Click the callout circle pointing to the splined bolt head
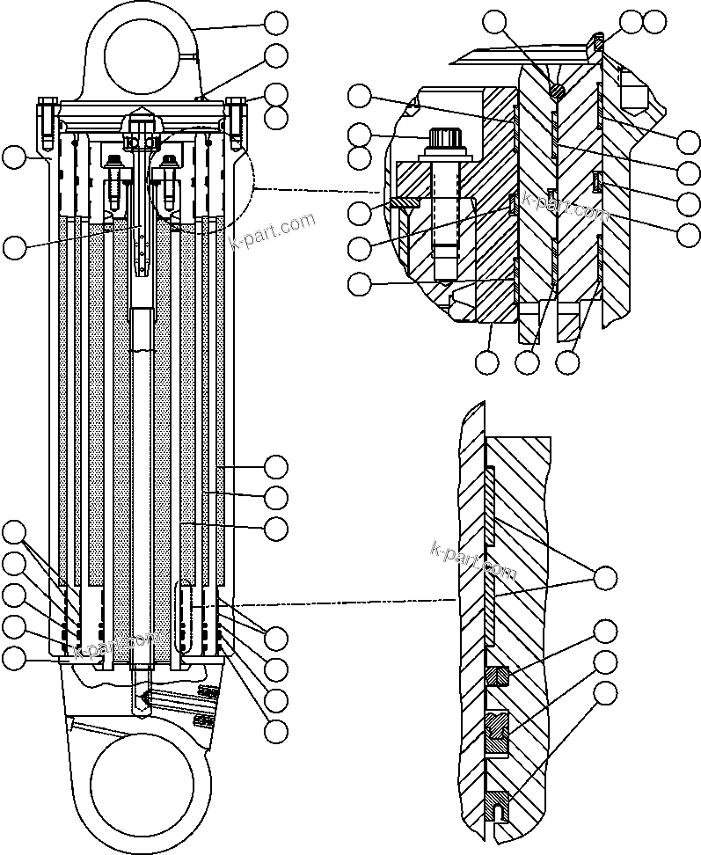pyautogui.click(x=360, y=135)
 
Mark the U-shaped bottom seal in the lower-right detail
pyautogui.click(x=499, y=804)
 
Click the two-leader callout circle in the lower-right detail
pyautogui.click(x=605, y=578)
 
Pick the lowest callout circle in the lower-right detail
pyautogui.click(x=605, y=692)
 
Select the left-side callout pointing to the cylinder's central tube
pyautogui.click(x=15, y=247)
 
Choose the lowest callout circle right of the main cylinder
pyautogui.click(x=277, y=729)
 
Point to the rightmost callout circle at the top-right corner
pyautogui.click(x=655, y=21)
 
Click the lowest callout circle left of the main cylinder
pyautogui.click(x=15, y=657)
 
